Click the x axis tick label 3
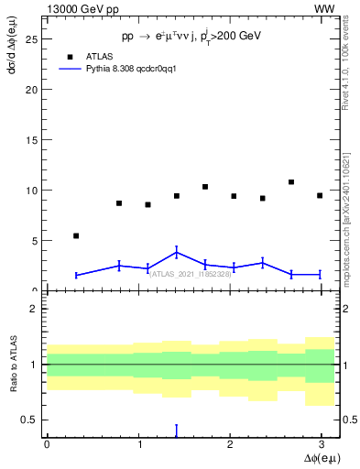coord(321,444)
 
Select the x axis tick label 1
coord(138,444)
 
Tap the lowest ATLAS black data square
coord(76,235)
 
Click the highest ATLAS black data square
coord(291,182)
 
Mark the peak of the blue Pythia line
coord(176,252)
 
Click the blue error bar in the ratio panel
coord(176,431)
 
